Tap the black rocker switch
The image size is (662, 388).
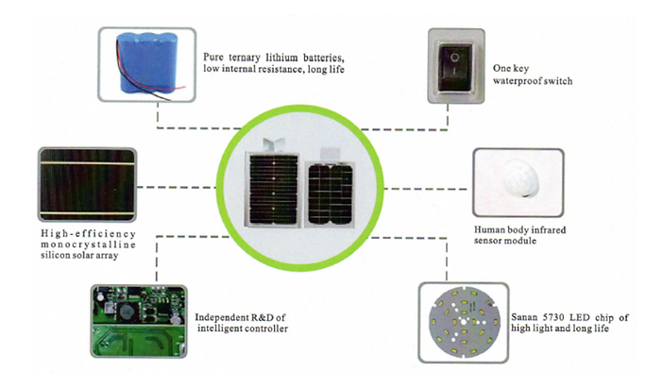458,65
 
